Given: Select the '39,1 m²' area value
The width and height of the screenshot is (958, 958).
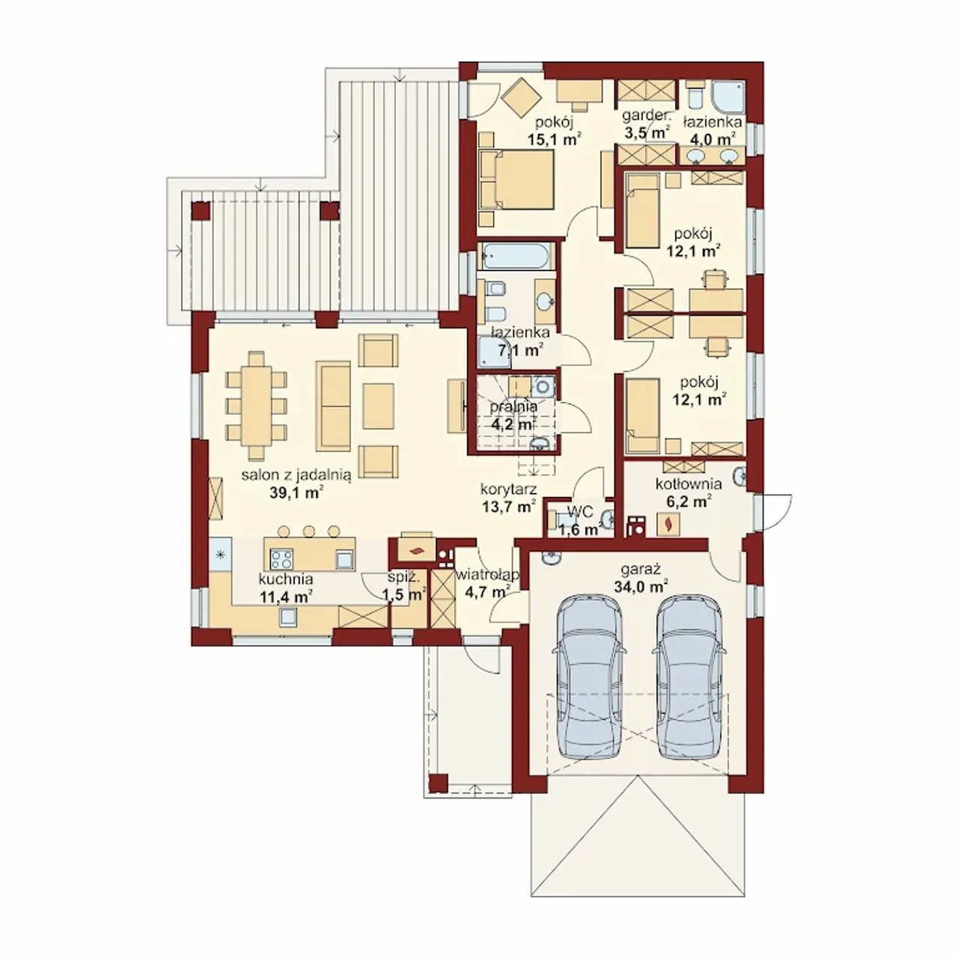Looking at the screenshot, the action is (x=296, y=492).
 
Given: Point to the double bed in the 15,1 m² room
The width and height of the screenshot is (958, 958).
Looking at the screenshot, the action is (x=516, y=179).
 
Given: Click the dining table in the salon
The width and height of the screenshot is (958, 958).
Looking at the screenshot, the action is (x=256, y=405).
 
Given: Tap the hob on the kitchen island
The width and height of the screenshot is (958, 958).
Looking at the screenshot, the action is (x=281, y=559).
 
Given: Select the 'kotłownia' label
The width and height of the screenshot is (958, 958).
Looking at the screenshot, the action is (x=689, y=483).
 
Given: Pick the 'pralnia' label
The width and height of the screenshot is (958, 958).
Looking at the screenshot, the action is (x=513, y=406).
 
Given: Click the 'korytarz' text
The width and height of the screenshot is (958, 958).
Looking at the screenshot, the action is (x=509, y=489).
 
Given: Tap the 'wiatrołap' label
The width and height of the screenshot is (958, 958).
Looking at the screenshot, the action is (x=487, y=576).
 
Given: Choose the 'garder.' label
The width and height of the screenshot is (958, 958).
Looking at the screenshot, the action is (x=647, y=116).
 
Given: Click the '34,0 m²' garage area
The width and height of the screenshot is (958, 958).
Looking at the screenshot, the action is (x=641, y=586).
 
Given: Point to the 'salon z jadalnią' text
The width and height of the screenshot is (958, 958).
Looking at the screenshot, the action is (x=296, y=475).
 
